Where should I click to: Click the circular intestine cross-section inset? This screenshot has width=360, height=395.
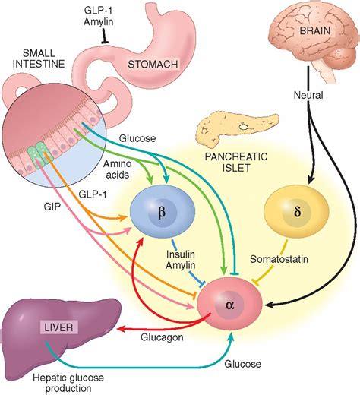pos(52,137)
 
